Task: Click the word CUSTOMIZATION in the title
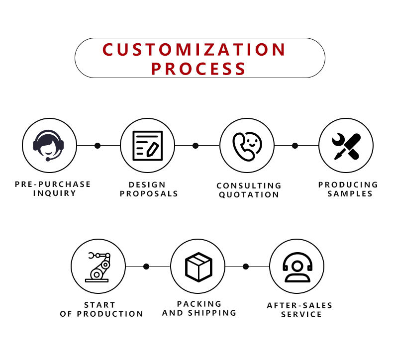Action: click(195, 50)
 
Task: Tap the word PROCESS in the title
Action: click(198, 68)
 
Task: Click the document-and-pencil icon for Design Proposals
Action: click(147, 145)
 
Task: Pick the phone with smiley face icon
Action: click(247, 145)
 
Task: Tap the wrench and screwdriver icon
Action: click(346, 146)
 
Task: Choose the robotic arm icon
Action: click(98, 267)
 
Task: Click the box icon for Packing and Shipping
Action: click(198, 267)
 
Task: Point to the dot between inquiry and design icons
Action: click(98, 146)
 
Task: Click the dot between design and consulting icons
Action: click(196, 146)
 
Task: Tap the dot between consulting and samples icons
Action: click(295, 146)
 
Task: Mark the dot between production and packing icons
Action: click(146, 267)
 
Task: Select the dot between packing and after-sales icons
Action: click(246, 267)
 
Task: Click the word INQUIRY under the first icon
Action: click(55, 193)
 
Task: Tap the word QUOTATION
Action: click(249, 195)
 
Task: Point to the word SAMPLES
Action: click(350, 193)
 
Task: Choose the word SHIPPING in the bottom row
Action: click(213, 313)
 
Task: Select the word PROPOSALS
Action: click(149, 193)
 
